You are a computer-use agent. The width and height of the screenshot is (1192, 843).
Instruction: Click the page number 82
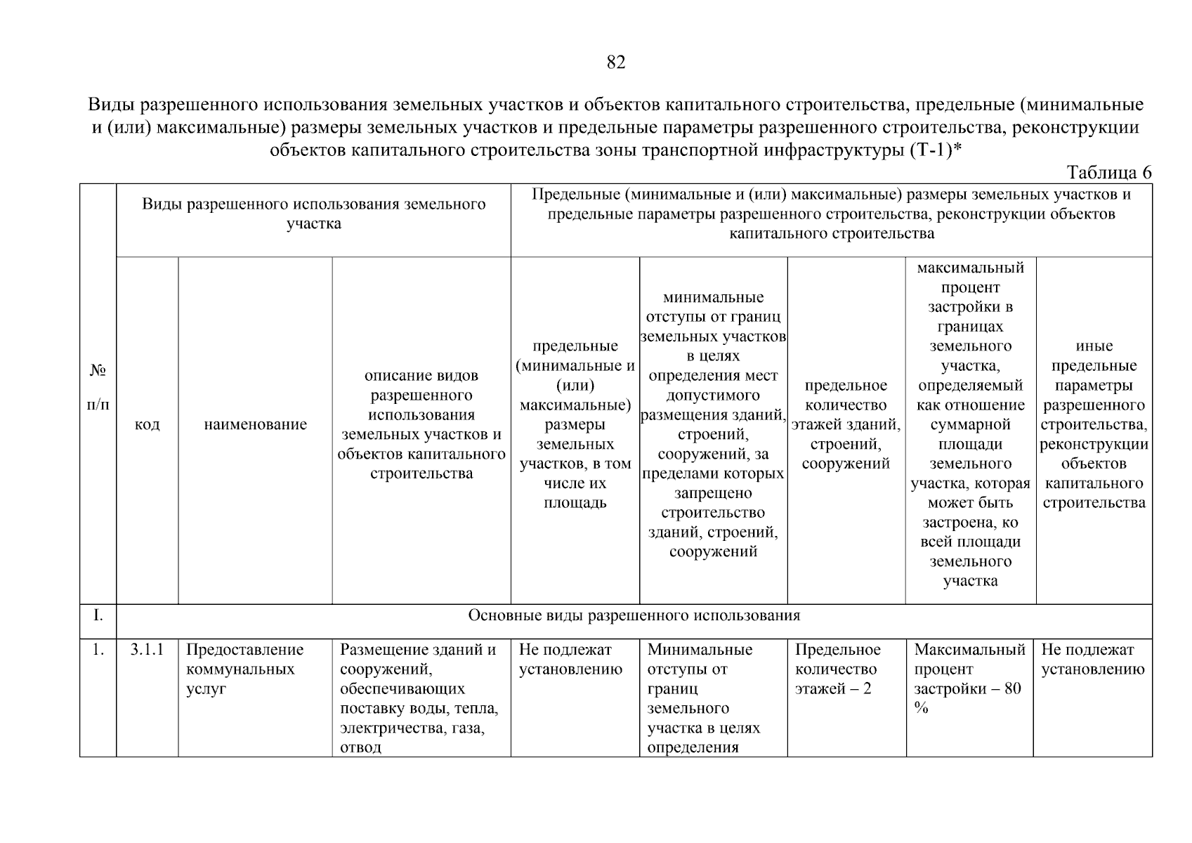click(x=615, y=63)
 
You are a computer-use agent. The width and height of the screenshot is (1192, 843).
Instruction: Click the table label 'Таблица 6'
click(x=1108, y=172)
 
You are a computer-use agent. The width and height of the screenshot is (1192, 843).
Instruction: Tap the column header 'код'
click(x=147, y=424)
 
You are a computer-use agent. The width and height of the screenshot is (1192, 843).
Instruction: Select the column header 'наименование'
click(x=255, y=424)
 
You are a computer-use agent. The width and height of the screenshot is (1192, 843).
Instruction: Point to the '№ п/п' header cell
click(x=98, y=387)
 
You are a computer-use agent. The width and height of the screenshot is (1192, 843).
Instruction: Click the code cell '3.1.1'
click(x=147, y=650)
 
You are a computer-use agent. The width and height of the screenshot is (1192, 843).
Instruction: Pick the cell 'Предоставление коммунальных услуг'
click(x=244, y=669)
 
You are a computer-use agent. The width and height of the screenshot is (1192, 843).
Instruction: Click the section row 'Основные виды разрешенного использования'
click(x=634, y=615)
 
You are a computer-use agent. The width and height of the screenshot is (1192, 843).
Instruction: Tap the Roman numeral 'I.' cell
click(x=98, y=615)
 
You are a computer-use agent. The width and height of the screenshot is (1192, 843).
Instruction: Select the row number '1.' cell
click(x=98, y=650)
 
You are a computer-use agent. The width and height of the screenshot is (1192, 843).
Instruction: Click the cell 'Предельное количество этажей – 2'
click(x=838, y=669)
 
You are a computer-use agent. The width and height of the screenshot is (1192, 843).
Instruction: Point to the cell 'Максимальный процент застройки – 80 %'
click(x=969, y=678)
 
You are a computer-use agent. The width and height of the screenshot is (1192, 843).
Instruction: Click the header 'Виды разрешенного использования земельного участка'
click(x=313, y=214)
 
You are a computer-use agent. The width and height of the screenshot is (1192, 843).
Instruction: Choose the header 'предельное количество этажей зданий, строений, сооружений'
click(x=846, y=424)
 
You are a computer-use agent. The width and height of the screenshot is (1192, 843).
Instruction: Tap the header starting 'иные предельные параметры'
click(x=1094, y=424)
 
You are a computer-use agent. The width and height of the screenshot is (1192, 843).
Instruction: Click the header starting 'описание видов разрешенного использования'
click(x=421, y=424)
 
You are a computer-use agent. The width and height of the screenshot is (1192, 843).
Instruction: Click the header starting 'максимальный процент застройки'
click(x=970, y=424)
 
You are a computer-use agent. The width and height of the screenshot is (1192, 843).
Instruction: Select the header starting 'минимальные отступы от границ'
click(x=713, y=424)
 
